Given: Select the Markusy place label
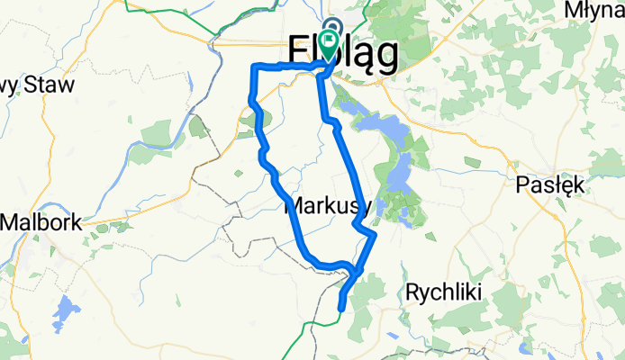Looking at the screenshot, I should click(x=328, y=206).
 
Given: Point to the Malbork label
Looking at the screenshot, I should click(x=41, y=221).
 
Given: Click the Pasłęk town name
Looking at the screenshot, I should click(x=554, y=185).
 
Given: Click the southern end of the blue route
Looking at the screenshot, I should click(x=340, y=309).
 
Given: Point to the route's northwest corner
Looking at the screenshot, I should click(x=253, y=67).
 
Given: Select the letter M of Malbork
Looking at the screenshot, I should click(x=13, y=221).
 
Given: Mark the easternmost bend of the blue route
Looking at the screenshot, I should click(x=374, y=236).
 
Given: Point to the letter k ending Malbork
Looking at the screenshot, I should click(x=77, y=221).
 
